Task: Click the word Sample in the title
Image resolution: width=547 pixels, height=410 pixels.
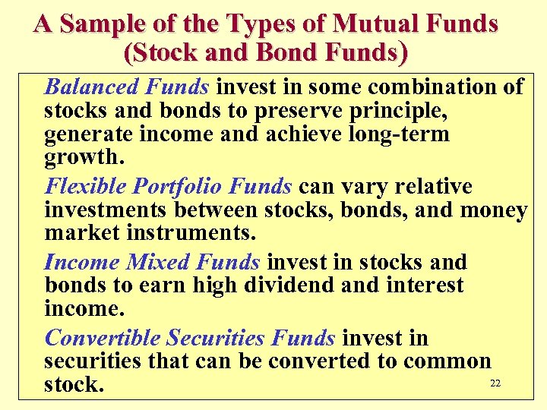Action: (x=96, y=24)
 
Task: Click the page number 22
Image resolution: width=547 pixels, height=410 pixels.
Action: (x=495, y=383)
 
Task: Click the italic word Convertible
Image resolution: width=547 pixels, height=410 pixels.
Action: (x=103, y=338)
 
